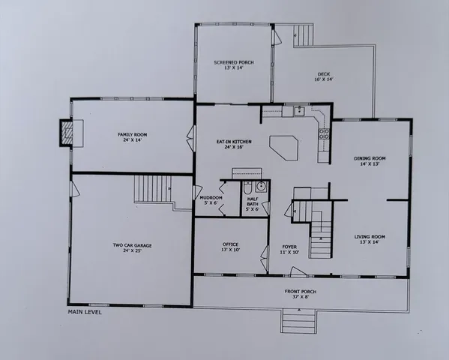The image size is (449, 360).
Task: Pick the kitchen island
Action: (289, 146)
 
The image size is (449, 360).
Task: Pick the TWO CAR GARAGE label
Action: (127, 247)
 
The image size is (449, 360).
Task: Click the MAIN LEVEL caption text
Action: (85, 312)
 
